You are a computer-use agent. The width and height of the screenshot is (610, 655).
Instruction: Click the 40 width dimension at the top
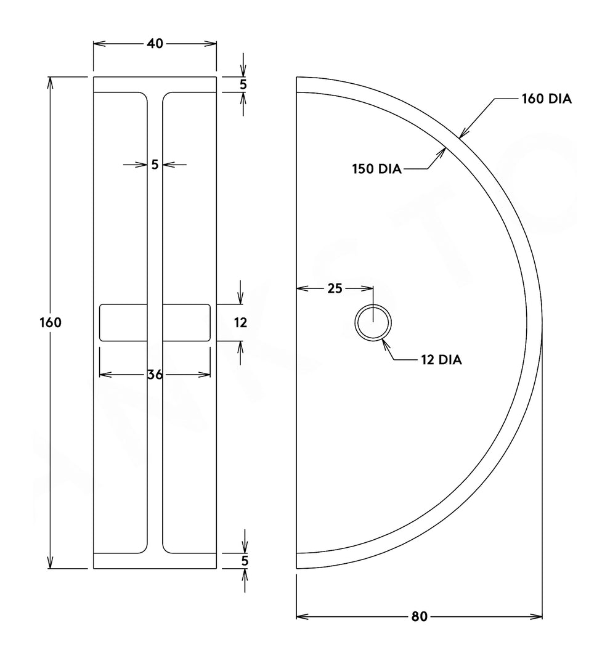[155, 44]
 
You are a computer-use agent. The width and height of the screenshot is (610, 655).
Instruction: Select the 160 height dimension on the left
[50, 322]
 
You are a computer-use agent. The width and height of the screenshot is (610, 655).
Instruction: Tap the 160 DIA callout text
[547, 99]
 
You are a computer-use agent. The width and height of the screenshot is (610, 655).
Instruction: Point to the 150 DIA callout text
[376, 169]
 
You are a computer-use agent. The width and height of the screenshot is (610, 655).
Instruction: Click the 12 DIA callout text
[441, 360]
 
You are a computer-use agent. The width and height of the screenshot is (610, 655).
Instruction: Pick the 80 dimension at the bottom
[419, 617]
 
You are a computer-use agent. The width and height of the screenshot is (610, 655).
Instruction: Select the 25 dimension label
[335, 288]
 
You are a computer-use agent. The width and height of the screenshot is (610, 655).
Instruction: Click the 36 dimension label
[155, 375]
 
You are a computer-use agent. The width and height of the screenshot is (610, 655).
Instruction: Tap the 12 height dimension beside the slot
[240, 322]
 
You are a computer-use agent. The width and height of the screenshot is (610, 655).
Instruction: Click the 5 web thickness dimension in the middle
[155, 165]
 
